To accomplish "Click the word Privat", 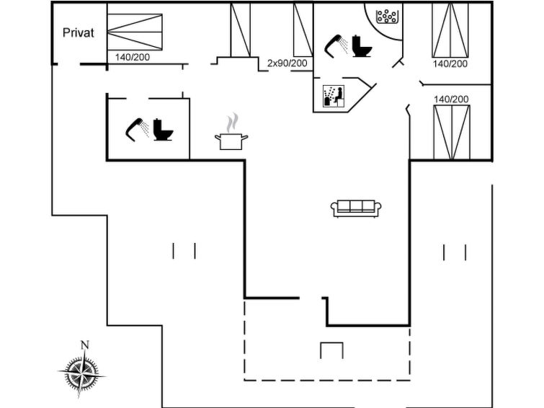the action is point(79,32).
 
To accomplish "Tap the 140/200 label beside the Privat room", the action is point(133,57).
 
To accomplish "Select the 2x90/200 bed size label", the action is point(287,63).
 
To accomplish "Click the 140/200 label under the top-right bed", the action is point(450,63).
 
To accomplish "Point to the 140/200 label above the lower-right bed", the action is point(451,99).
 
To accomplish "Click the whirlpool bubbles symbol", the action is point(387,17).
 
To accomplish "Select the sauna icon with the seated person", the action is point(334,96).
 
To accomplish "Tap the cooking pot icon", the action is point(231,142).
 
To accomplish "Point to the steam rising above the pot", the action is point(233,123).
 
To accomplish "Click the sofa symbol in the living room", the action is point(357,209).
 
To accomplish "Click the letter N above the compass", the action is point(85,345).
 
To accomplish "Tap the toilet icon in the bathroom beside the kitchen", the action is point(163,130).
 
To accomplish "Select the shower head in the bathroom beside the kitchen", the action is point(137,130).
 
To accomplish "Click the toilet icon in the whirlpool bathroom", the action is point(362,46).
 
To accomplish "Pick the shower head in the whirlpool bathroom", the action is point(336,45).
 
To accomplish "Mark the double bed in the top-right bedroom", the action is point(450,30).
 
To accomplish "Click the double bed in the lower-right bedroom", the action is point(452,133).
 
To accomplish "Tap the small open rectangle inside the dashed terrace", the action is point(331,343).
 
